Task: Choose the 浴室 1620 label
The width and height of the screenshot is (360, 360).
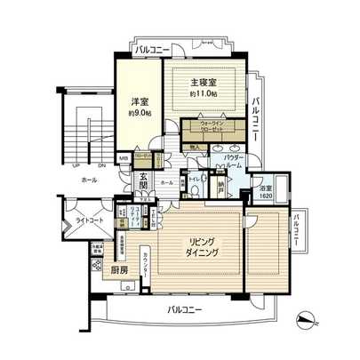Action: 265,190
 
